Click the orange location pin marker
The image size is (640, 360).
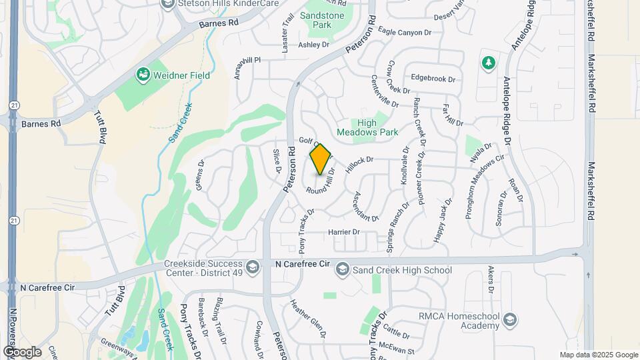click(320, 159)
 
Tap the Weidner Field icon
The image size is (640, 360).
click(142, 75)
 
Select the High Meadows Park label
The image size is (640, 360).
click(377, 127)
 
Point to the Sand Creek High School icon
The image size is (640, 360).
click(342, 269)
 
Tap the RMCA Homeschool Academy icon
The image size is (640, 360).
click(510, 319)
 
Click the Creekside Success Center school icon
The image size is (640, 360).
click(253, 266)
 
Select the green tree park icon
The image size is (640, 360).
click(489, 63)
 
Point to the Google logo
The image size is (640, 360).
click(22, 351)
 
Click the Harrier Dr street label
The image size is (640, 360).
click(344, 232)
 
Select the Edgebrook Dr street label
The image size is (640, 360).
click(433, 79)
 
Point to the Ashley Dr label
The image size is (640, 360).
click(314, 45)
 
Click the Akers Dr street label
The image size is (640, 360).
click(490, 279)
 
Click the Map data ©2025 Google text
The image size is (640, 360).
click(599, 355)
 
